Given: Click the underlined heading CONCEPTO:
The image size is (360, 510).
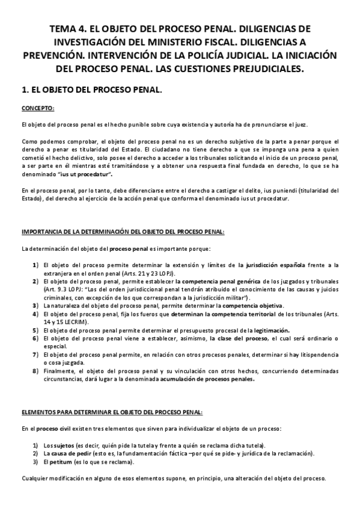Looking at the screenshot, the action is click(37, 108).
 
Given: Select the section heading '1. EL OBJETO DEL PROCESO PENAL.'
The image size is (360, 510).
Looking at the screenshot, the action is click(91, 89).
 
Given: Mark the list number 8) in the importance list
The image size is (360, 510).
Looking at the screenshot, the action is click(35, 371).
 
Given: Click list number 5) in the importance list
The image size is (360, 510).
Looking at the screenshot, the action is click(35, 330).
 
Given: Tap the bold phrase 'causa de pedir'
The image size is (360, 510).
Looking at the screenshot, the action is click(72, 453).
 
